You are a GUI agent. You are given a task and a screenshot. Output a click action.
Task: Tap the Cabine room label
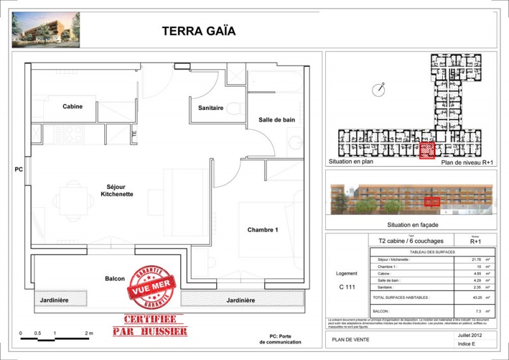[72, 106]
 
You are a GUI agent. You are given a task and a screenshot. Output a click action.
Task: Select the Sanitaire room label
[211, 108]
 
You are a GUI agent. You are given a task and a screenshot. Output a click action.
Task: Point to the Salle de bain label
[276, 120]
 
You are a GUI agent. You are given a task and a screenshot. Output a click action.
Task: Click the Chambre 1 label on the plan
[263, 230]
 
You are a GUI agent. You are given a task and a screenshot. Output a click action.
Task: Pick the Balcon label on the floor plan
[115, 279]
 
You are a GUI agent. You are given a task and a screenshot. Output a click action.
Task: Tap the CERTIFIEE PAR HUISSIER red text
[150, 326]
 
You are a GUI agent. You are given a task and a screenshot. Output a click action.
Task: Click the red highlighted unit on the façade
[433, 202]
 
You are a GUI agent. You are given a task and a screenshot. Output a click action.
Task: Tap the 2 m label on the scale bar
[88, 333]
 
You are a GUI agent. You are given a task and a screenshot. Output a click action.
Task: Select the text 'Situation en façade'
[412, 225]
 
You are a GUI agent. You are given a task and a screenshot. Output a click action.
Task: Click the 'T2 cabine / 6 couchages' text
[411, 241]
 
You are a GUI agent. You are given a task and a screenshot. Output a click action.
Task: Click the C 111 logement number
[347, 287]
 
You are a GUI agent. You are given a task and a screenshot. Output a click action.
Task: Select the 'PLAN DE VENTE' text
[350, 340]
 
